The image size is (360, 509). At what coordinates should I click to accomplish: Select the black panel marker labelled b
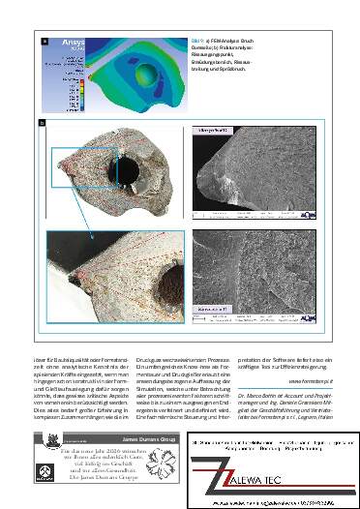point(42,123)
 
